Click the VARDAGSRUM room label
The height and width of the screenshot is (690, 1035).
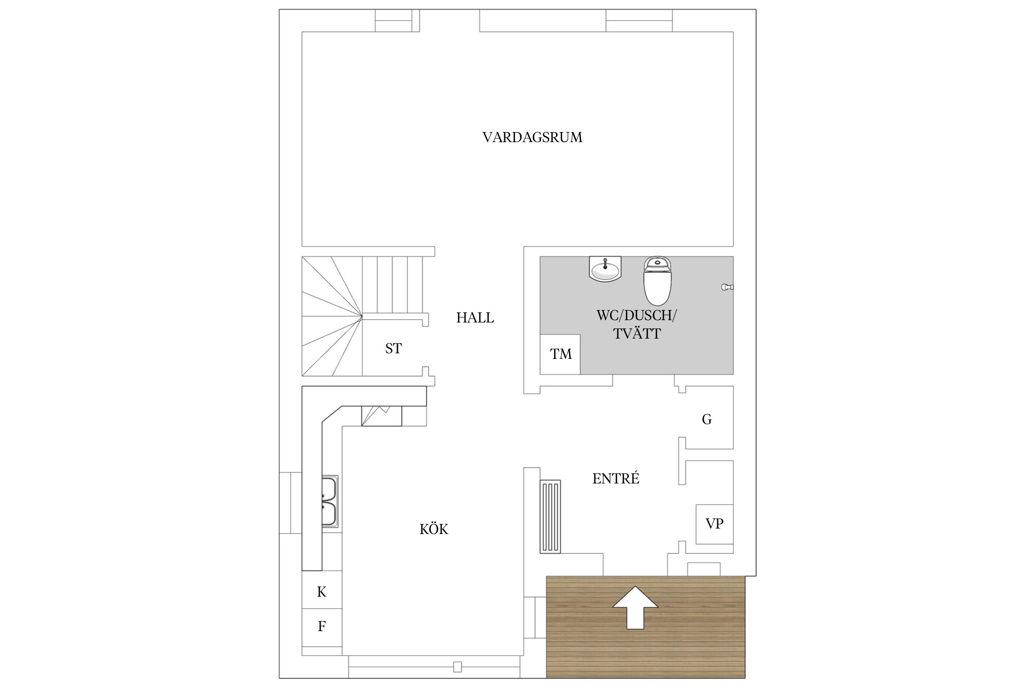532,138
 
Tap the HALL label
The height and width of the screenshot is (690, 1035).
475,318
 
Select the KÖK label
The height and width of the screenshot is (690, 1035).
433,529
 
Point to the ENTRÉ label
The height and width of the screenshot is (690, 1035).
615,479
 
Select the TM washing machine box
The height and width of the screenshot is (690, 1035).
560,354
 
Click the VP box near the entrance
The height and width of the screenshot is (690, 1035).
714,524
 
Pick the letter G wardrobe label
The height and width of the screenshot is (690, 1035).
707,420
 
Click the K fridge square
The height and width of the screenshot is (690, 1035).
322,592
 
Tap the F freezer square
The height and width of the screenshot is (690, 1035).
322,627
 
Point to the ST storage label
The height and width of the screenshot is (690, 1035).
393,349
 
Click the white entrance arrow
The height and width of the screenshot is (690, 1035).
635,607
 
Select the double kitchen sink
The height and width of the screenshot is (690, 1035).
329,501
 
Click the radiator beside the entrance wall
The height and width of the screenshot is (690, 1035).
550,516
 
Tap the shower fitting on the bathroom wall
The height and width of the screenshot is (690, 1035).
726,287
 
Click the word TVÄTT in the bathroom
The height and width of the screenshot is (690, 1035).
637,334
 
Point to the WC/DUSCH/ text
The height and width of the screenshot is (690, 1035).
637,316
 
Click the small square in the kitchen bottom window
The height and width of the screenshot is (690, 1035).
457,667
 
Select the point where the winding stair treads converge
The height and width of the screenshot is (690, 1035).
362,316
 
